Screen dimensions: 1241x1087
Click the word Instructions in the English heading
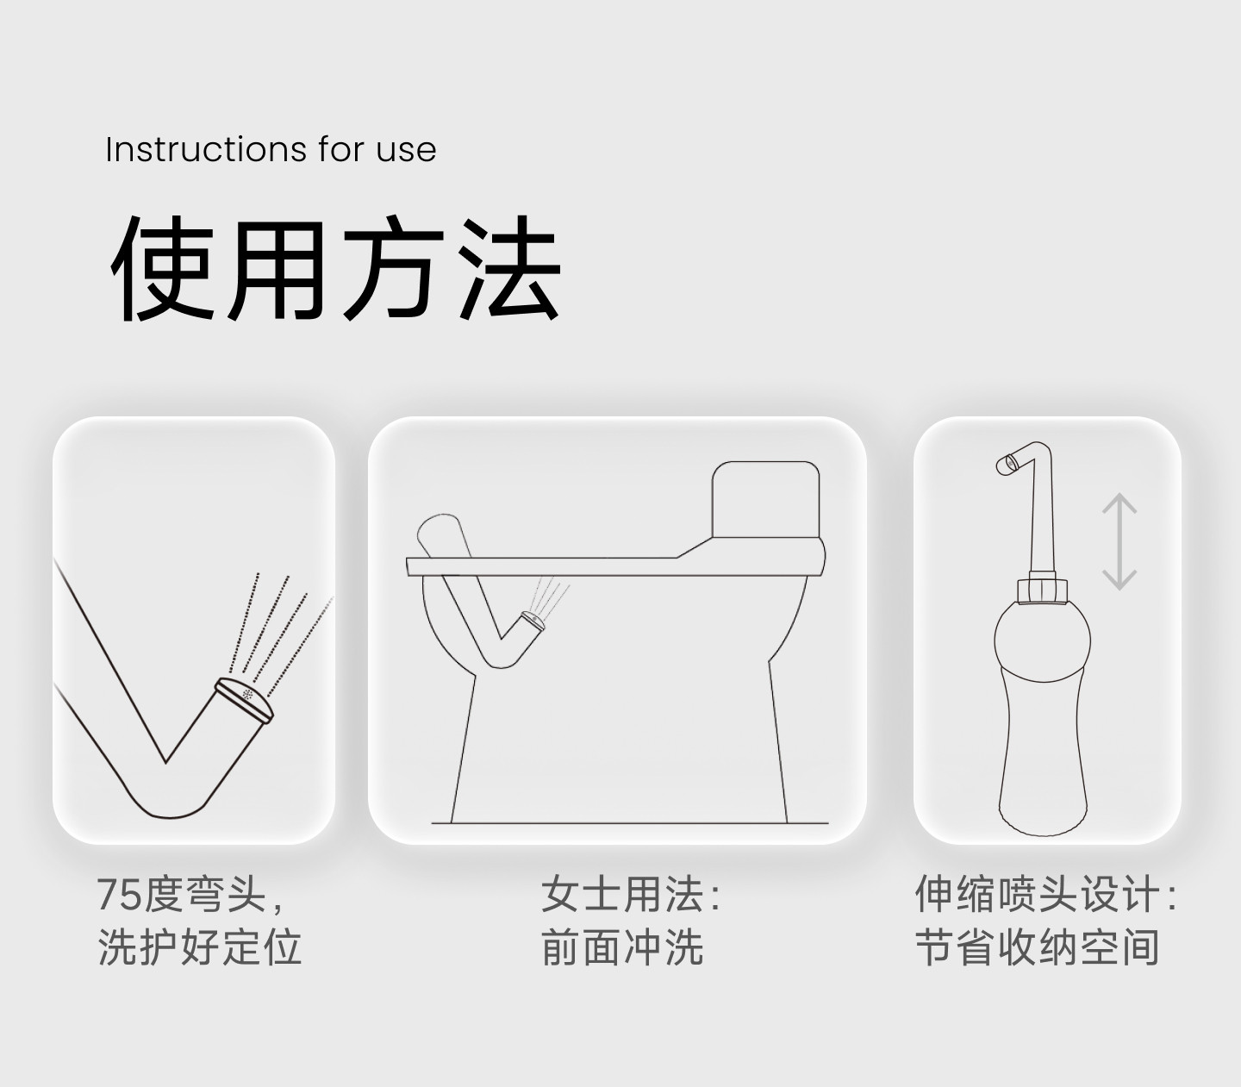pyautogui.click(x=206, y=150)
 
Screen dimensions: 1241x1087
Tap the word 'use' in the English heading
pyautogui.click(x=406, y=152)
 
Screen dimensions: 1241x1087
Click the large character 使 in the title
pyautogui.click(x=163, y=268)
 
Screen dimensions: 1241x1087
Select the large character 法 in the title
pyautogui.click(x=508, y=267)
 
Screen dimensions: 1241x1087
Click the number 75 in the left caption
pyautogui.click(x=120, y=895)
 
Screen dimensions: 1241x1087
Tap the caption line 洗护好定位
pyautogui.click(x=200, y=946)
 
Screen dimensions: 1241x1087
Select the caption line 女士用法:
pyautogui.click(x=630, y=894)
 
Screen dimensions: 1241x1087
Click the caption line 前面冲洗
pyautogui.click(x=622, y=946)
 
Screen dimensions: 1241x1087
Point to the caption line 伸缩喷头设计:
pyautogui.click(x=1045, y=894)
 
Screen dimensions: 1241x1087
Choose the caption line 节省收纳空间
pyautogui.click(x=1038, y=946)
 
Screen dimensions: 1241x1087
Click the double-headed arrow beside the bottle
pyautogui.click(x=1119, y=541)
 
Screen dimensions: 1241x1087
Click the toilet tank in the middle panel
pyautogui.click(x=765, y=500)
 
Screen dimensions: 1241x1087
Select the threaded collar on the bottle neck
pyautogui.click(x=1042, y=590)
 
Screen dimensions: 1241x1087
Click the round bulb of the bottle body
pyautogui.click(x=1043, y=640)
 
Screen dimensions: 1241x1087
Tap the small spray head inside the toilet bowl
pyautogui.click(x=533, y=620)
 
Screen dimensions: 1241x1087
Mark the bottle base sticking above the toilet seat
pyautogui.click(x=443, y=535)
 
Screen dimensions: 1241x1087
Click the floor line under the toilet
pyautogui.click(x=630, y=823)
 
